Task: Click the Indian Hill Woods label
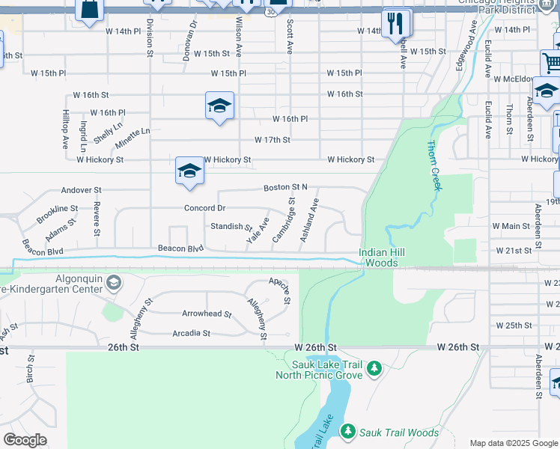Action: pos(382,257)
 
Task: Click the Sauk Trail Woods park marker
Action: pos(347,432)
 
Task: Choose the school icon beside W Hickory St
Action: pos(189,171)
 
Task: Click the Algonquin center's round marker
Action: pos(113,282)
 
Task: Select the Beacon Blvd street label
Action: pos(180,248)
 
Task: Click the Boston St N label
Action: pos(284,187)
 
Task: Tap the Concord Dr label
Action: pos(205,208)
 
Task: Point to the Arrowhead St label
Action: pos(207,314)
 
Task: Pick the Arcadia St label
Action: pos(191,333)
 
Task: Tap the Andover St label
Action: pos(81,191)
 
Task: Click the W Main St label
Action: pos(511,226)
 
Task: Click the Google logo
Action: pos(25,440)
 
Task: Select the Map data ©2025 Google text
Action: pos(513,443)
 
